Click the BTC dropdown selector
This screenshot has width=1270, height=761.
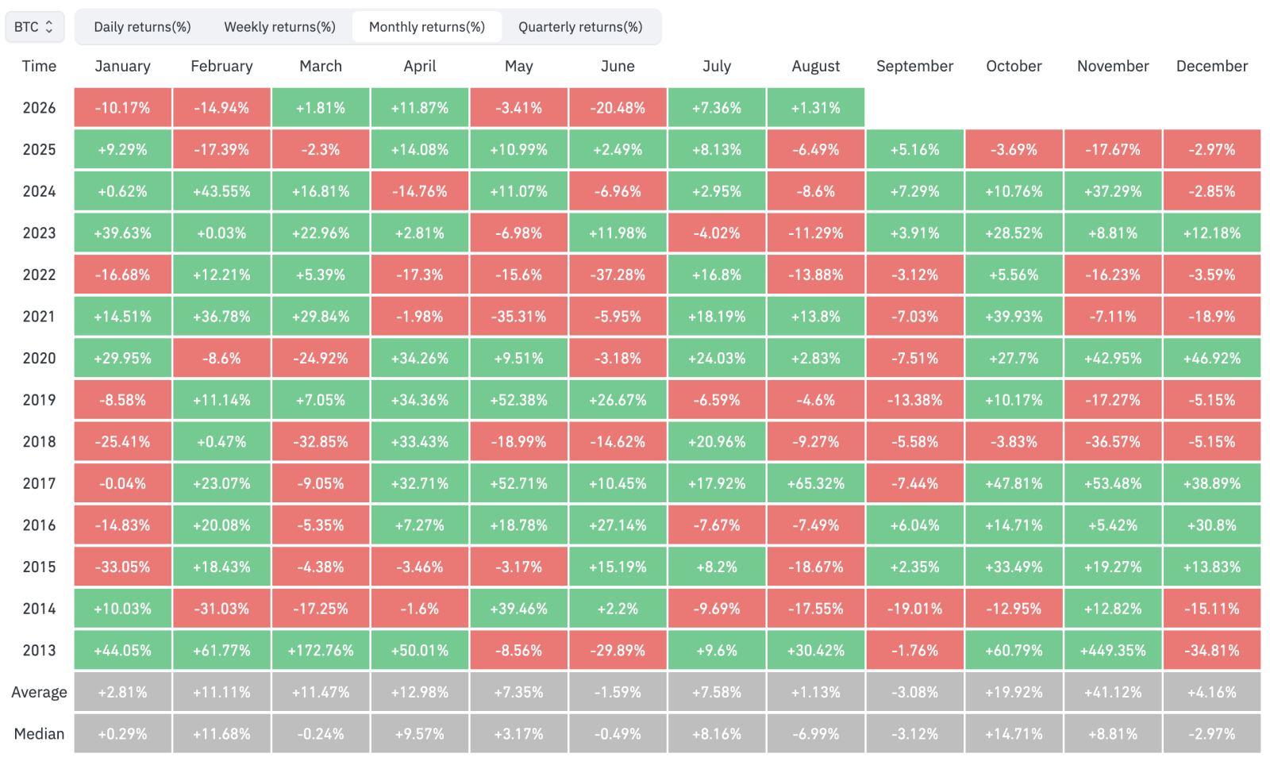click(34, 27)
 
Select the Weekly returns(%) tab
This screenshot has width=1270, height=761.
click(279, 27)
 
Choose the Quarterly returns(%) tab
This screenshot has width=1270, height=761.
click(580, 27)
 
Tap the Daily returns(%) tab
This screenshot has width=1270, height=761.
click(142, 27)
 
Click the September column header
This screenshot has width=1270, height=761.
click(914, 67)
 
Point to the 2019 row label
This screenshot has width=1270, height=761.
click(39, 400)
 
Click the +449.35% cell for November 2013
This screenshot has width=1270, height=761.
click(1113, 650)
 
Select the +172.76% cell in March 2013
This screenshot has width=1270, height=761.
click(321, 650)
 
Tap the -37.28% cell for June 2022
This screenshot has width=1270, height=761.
click(618, 275)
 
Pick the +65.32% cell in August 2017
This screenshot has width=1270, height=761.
click(816, 483)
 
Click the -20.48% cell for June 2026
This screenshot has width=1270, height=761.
click(618, 108)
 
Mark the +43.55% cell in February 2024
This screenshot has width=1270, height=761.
click(221, 191)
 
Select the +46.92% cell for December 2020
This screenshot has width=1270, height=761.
click(1212, 358)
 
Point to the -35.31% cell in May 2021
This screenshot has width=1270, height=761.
click(519, 316)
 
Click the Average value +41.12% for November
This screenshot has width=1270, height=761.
click(1113, 692)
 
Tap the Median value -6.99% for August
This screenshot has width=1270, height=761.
click(816, 734)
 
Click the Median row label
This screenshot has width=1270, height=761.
click(39, 734)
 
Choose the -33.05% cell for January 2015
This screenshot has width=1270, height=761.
click(122, 567)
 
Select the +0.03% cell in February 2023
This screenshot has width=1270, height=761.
click(221, 233)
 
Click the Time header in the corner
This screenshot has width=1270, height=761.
click(39, 67)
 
